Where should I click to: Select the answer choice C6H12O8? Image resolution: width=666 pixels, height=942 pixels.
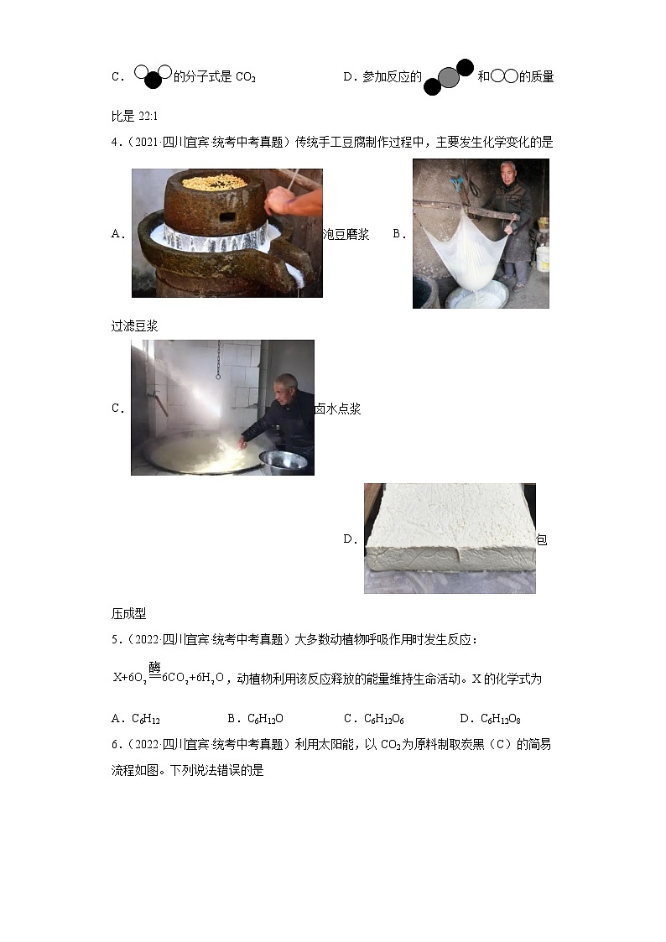501,718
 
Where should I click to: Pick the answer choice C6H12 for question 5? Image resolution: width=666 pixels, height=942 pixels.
146,718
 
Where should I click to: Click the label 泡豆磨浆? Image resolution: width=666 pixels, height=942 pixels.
346,234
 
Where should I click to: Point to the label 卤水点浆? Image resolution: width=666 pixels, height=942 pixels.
337,409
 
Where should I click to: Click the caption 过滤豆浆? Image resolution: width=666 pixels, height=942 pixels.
134,326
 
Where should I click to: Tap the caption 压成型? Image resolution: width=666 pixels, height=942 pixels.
128,613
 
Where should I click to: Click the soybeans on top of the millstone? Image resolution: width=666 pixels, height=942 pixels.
216,181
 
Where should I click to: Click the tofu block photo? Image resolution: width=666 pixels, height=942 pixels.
450,537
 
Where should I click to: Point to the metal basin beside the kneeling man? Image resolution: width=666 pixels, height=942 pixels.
283,461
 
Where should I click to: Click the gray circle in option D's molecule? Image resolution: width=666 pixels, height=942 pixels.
449,77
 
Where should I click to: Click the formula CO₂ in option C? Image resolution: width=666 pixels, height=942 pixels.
246,77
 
